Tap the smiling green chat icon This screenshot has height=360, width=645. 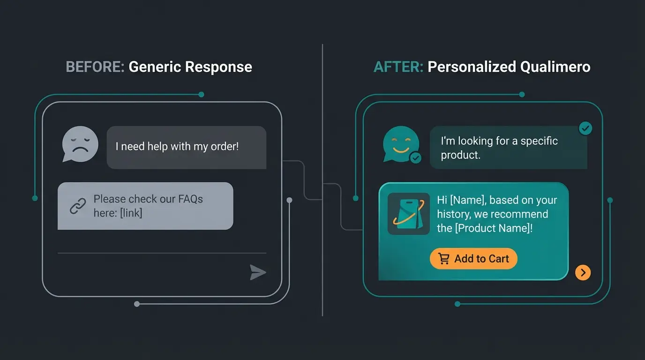pyautogui.click(x=400, y=143)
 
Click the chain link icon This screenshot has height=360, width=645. pyautogui.click(x=77, y=206)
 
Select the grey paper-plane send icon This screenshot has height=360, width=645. pyautogui.click(x=257, y=272)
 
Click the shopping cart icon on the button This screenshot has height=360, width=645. pyautogui.click(x=443, y=259)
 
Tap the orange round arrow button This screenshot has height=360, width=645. pyautogui.click(x=583, y=272)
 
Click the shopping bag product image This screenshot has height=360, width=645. pyautogui.click(x=408, y=214)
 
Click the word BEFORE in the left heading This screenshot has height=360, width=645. pyautogui.click(x=95, y=67)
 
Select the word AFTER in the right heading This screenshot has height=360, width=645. pyautogui.click(x=398, y=67)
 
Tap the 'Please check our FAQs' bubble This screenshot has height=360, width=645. pyautogui.click(x=145, y=206)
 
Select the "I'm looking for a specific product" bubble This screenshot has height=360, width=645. pyautogui.click(x=508, y=148)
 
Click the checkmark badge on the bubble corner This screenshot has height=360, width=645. pyautogui.click(x=585, y=128)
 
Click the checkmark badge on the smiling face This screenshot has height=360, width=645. pyautogui.click(x=416, y=158)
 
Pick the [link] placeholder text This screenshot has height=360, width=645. pyautogui.click(x=131, y=213)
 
